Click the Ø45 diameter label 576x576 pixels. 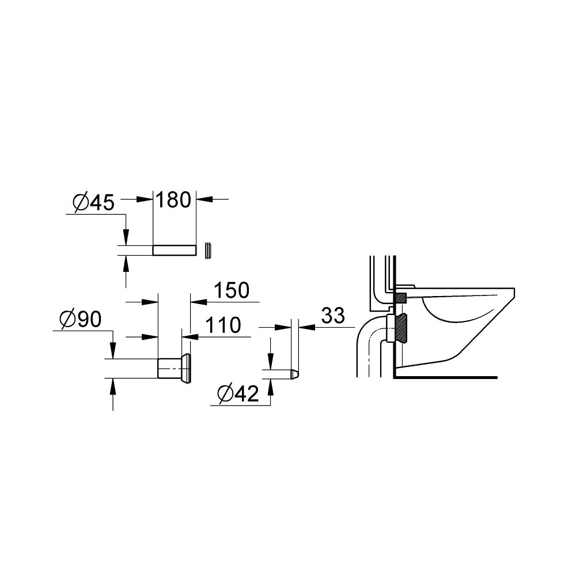pos(94,202)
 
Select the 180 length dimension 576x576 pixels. pos(174,200)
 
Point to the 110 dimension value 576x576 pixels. pos(223,325)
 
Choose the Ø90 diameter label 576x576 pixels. pos(80,319)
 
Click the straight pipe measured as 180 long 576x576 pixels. pos(175,250)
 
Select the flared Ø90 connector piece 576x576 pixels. pos(175,367)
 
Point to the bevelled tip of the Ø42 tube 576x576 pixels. pos(295,374)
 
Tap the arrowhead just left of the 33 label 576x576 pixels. pos(306,327)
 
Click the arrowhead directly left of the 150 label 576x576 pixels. pos(197,301)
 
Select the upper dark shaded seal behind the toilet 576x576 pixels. pos(400,298)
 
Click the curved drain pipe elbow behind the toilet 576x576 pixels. pos(369,340)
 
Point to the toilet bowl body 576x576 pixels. pos(461,328)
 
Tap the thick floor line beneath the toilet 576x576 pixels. pos(444,378)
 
